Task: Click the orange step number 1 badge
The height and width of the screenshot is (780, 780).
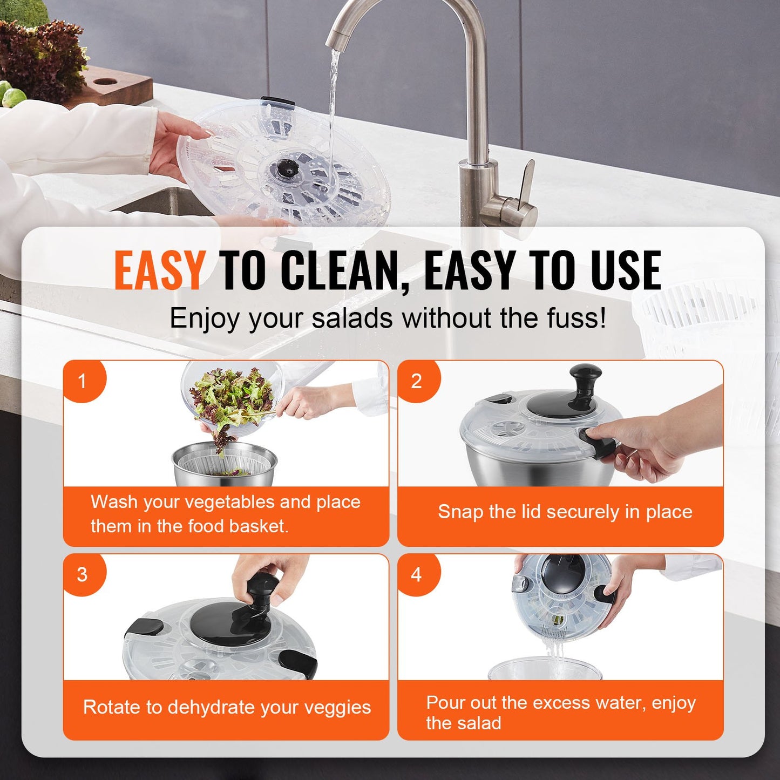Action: pos(82,381)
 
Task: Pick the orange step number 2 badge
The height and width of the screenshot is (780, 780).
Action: pos(416,381)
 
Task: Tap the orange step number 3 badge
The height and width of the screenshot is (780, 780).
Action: pos(82,574)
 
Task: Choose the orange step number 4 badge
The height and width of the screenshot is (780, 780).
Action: pos(416,574)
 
